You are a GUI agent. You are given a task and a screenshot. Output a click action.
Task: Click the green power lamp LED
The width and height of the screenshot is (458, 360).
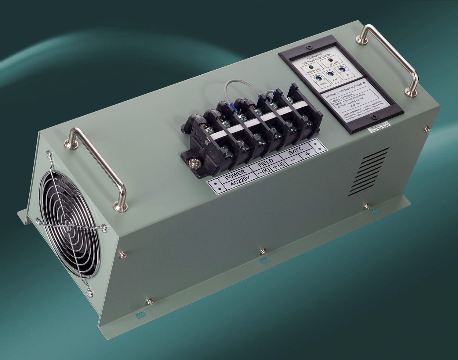click(x=311, y=67)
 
